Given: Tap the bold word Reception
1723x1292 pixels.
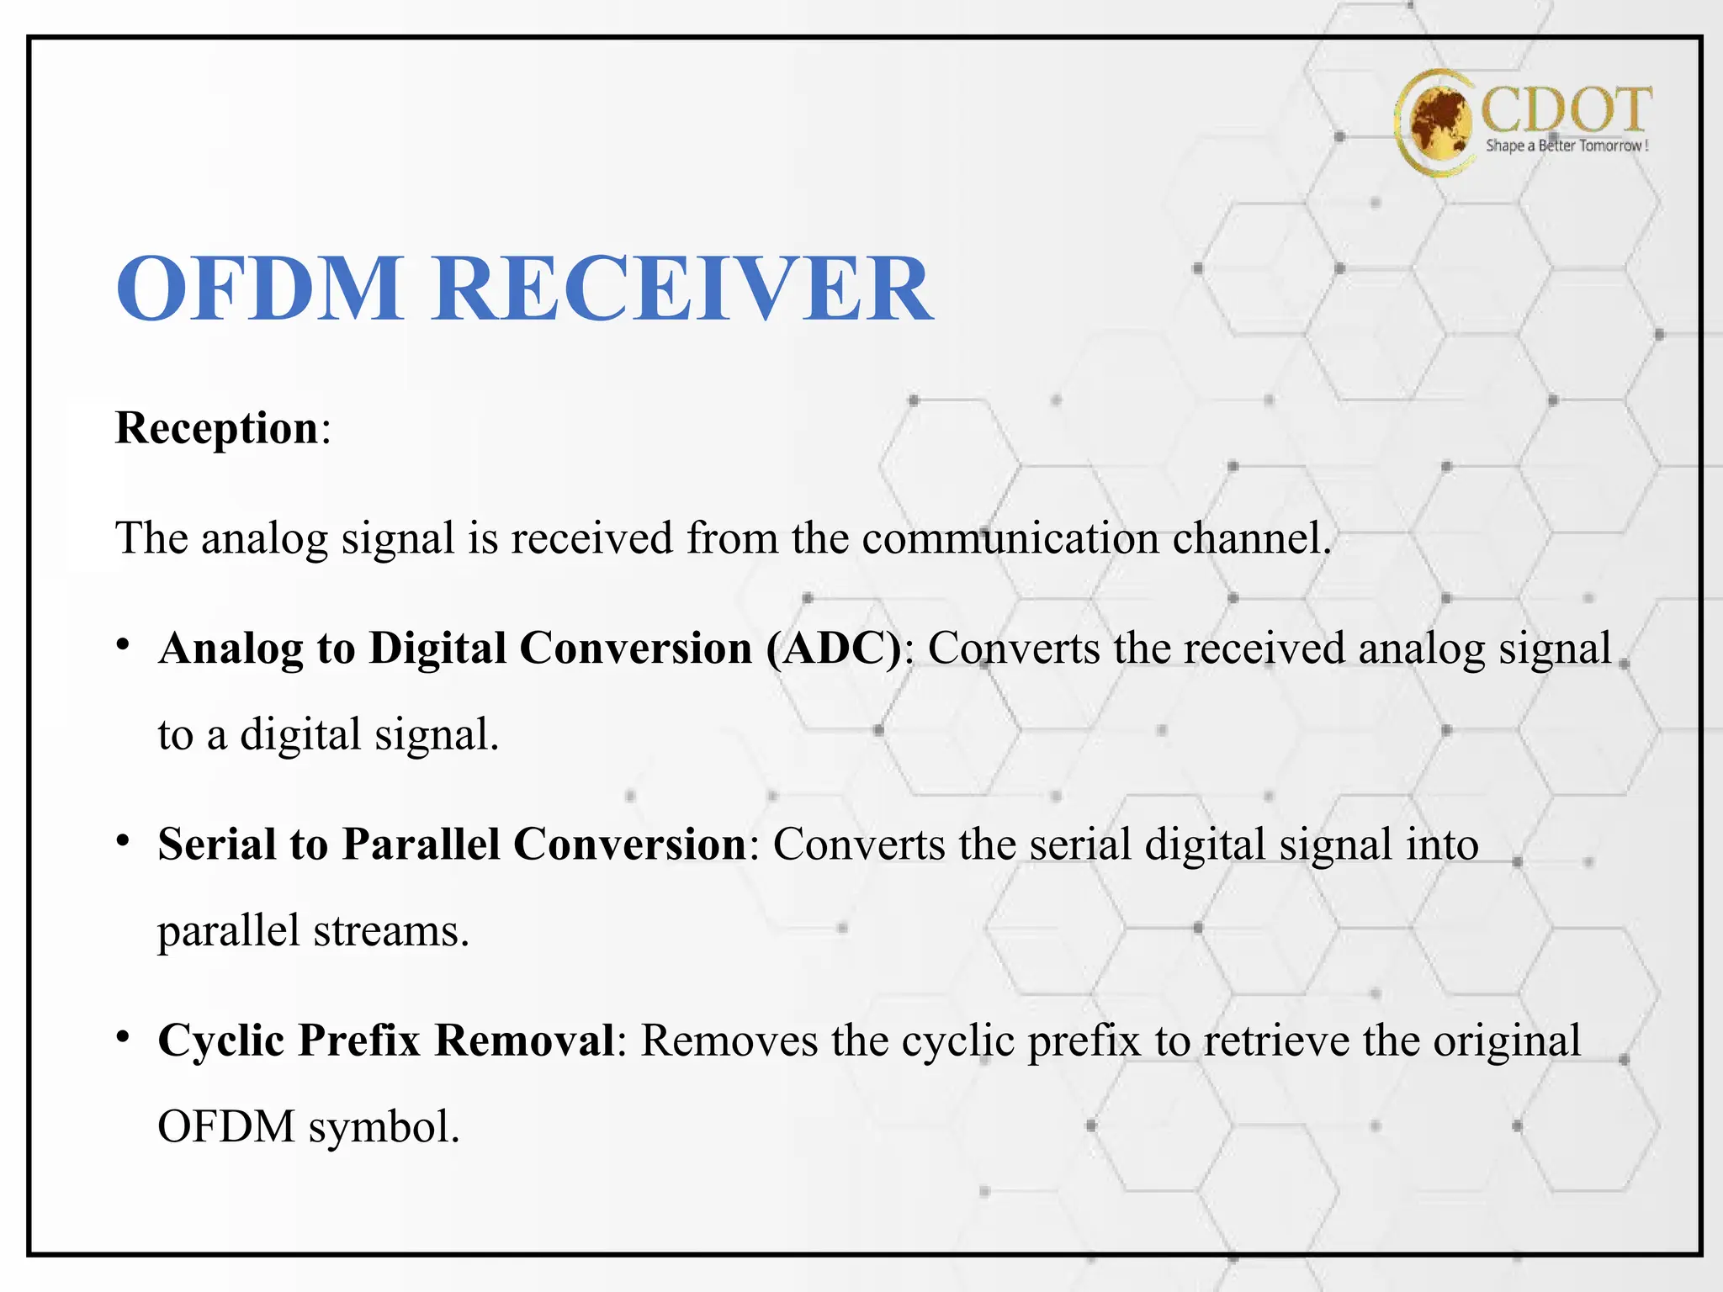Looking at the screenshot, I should (217, 428).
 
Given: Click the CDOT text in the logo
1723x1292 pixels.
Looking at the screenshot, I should (1566, 109).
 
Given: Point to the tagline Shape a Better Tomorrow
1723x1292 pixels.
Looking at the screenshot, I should (1566, 146).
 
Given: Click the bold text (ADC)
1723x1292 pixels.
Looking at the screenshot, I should (834, 649).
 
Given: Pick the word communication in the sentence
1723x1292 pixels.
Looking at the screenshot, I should (1010, 538).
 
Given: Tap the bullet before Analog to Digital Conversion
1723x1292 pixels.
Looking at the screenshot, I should (123, 645).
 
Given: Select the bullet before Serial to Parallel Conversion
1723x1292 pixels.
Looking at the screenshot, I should (123, 841).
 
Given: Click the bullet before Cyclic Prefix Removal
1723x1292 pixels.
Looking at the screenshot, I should (123, 1037).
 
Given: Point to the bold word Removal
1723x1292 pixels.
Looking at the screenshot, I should (525, 1040).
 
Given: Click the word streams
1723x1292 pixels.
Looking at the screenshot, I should (391, 932).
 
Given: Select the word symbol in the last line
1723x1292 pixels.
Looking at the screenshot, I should (384, 1128).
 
